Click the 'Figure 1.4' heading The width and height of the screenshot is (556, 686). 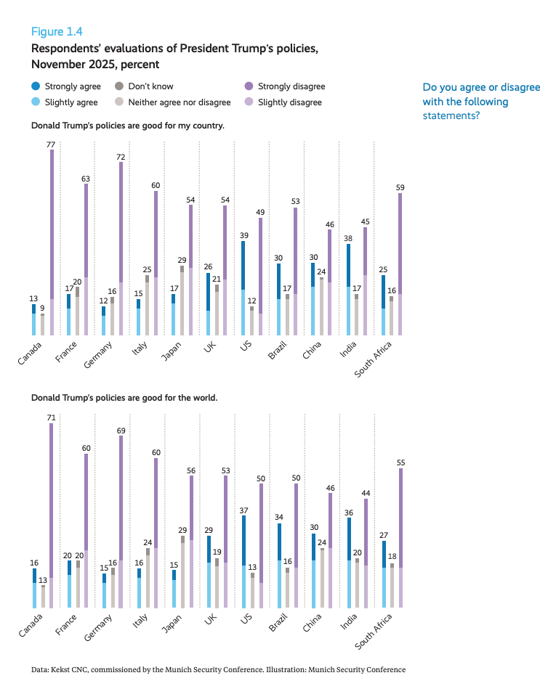[57, 31]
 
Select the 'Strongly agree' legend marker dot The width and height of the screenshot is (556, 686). [36, 86]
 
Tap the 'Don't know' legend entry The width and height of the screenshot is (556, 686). [145, 86]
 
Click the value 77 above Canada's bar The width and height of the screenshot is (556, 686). [51, 145]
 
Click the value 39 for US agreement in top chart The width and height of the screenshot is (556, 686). [244, 236]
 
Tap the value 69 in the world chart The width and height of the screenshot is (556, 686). [121, 431]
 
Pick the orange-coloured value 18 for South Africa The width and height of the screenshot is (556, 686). [392, 558]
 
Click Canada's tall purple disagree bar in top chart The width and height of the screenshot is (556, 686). [51, 232]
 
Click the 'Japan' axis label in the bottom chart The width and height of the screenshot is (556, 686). [173, 624]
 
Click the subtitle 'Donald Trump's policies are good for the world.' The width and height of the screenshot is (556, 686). [124, 398]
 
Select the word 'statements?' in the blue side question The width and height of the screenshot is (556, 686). [451, 115]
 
